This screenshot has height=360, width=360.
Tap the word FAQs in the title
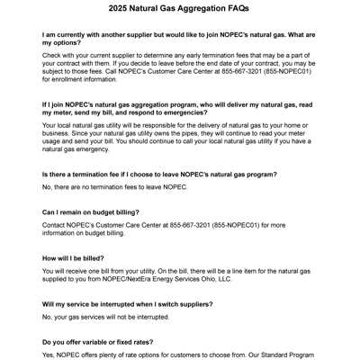pyautogui.click(x=236, y=9)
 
